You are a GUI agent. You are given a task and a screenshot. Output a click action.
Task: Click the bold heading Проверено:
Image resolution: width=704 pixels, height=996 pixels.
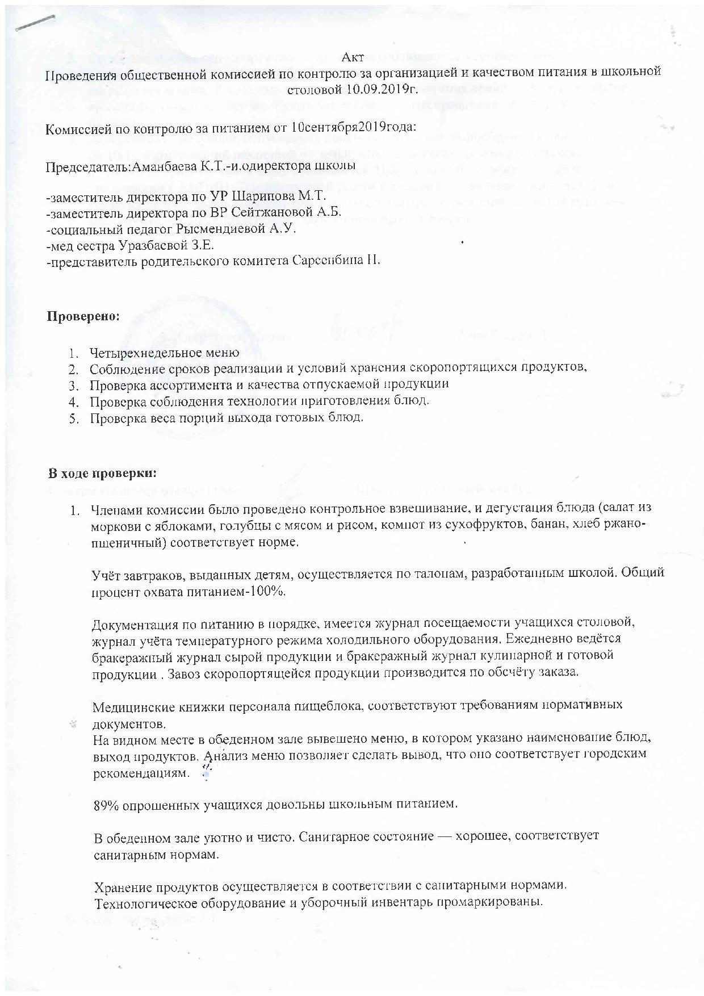[x=83, y=316]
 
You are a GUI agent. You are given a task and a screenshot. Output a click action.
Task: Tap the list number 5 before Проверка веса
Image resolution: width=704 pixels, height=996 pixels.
[x=73, y=418]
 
